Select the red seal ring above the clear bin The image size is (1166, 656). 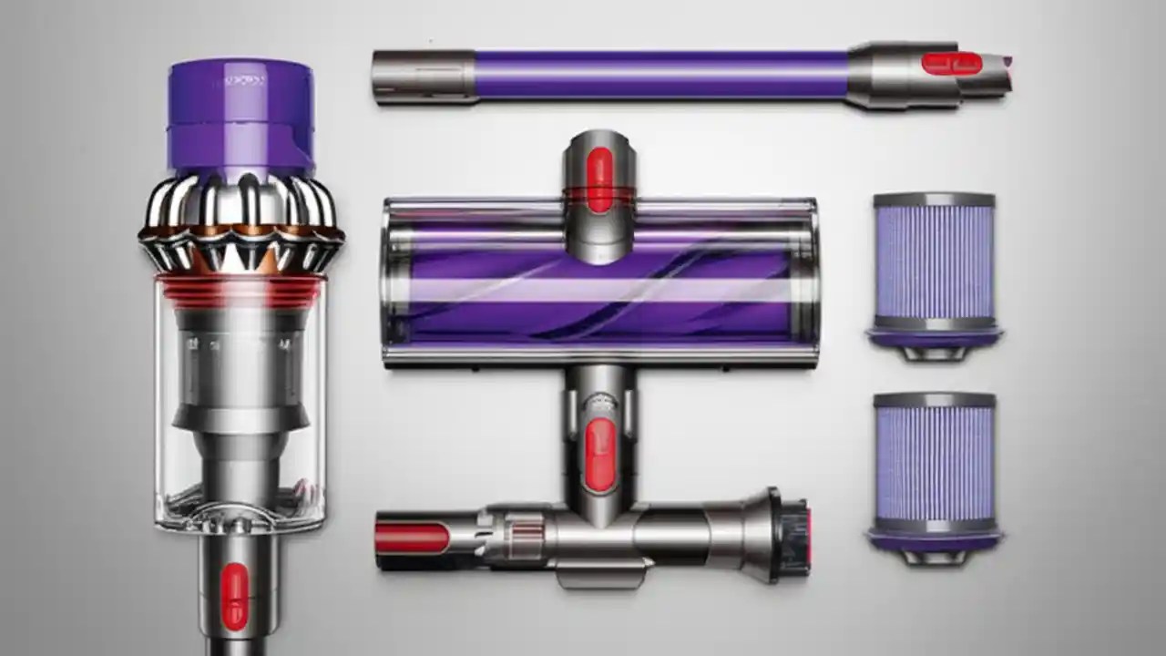[240, 289]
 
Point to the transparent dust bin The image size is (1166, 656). [240, 410]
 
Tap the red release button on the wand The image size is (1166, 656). [951, 63]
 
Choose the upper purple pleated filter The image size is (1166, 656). [933, 260]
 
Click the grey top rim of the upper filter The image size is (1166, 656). [933, 200]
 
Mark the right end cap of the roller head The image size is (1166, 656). [807, 282]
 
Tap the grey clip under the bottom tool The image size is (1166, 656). [602, 574]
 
